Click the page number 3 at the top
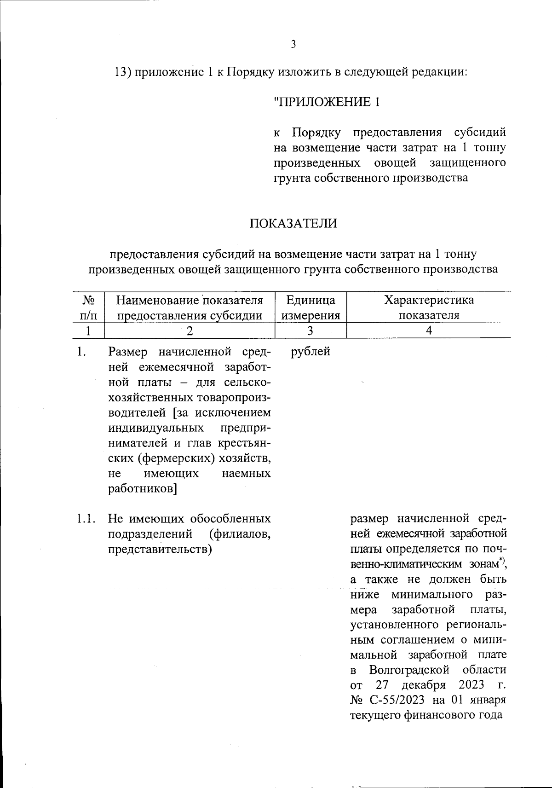point(293,44)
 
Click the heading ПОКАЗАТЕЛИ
point(293,224)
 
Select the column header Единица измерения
point(310,308)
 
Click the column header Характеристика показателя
point(429,308)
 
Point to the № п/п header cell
point(88,308)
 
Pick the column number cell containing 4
point(429,330)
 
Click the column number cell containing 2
point(189,330)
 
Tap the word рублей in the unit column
point(311,352)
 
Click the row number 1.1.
point(86,519)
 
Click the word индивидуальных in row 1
point(156,428)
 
